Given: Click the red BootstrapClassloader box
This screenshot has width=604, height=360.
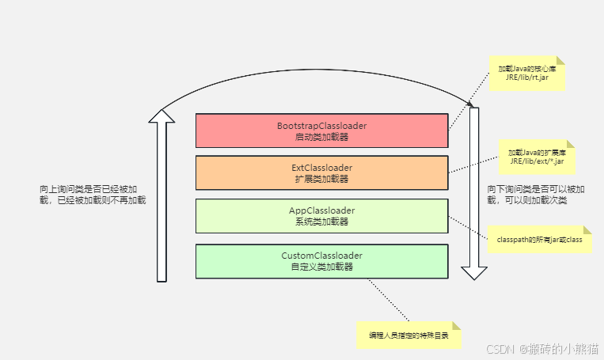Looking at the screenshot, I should pyautogui.click(x=321, y=131).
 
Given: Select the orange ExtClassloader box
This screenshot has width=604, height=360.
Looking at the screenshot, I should pyautogui.click(x=321, y=172).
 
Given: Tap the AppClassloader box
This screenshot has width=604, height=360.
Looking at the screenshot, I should pyautogui.click(x=321, y=215).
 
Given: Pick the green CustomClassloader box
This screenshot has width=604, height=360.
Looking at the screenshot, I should pyautogui.click(x=321, y=260).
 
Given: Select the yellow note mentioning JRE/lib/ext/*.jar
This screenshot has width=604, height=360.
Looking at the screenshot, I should pyautogui.click(x=536, y=157).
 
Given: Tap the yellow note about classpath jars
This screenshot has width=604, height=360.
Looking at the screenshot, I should pyautogui.click(x=539, y=239).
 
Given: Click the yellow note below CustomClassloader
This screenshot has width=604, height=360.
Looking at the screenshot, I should pyautogui.click(x=408, y=335).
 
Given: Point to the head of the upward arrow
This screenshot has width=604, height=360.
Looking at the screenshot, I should pyautogui.click(x=162, y=116).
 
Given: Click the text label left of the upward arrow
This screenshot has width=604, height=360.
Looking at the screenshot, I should pyautogui.click(x=93, y=195).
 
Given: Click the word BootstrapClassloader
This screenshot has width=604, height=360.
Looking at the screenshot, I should pyautogui.click(x=321, y=126).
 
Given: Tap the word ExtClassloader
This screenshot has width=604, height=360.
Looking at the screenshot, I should pyautogui.click(x=321, y=168).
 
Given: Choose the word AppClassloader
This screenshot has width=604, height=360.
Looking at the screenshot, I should pyautogui.click(x=321, y=210).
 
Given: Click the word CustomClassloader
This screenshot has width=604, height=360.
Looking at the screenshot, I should pyautogui.click(x=321, y=256).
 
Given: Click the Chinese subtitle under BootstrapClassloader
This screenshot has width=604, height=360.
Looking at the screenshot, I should pyautogui.click(x=321, y=137).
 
